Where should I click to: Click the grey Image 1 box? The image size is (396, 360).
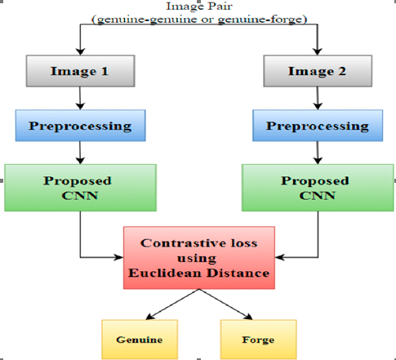(80, 71)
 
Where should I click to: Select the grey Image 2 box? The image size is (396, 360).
(318, 71)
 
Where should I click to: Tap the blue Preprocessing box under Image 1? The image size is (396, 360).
(80, 126)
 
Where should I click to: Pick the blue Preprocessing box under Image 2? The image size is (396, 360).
(318, 126)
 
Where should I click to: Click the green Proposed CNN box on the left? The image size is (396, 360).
(80, 188)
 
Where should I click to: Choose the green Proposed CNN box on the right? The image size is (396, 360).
(318, 188)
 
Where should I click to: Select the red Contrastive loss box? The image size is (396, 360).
(199, 258)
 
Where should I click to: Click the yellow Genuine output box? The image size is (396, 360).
(140, 340)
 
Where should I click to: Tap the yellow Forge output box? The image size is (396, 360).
(258, 340)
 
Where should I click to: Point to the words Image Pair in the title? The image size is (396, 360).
(199, 7)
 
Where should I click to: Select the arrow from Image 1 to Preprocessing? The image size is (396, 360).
(80, 98)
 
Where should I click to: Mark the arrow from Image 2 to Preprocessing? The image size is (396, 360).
(318, 98)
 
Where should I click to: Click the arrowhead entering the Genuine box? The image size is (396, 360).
(150, 317)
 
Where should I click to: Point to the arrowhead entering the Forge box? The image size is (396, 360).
(248, 317)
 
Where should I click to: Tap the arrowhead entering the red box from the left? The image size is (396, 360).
(119, 257)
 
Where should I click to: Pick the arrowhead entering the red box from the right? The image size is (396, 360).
(279, 257)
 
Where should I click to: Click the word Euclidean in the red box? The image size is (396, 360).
(166, 273)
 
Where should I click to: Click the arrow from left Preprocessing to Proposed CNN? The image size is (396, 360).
(80, 153)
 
